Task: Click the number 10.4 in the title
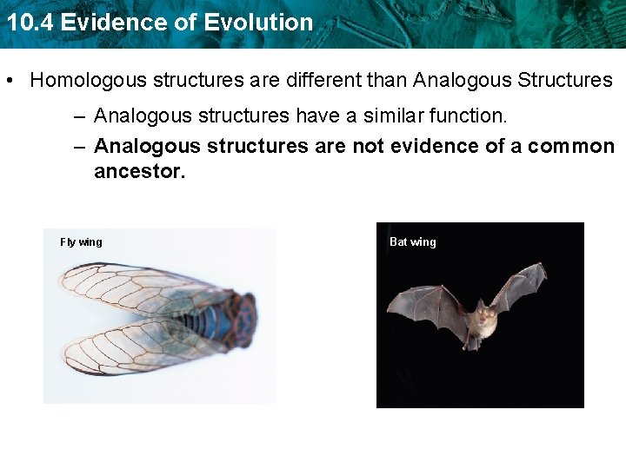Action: pos(25,23)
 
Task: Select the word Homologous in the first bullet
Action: pos(89,81)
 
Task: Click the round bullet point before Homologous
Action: pos(9,82)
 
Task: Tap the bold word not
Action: pos(370,146)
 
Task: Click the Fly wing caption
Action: pos(81,242)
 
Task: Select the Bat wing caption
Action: pos(413,242)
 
